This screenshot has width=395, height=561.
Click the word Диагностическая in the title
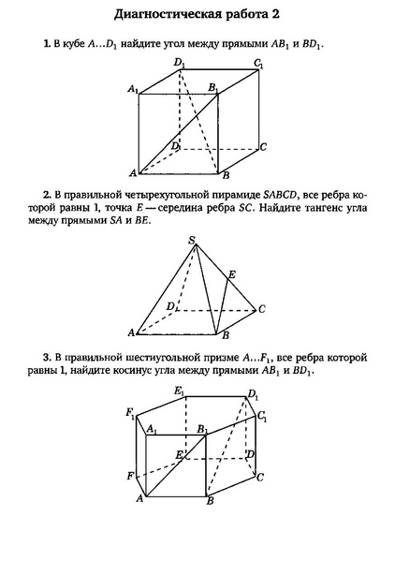(174, 15)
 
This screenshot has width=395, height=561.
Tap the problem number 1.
(44, 44)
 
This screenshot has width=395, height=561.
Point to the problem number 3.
(44, 358)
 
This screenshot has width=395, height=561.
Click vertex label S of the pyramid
(192, 241)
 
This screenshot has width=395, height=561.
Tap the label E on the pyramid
(232, 274)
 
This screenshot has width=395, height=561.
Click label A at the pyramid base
(131, 332)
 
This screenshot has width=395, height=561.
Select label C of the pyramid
(263, 309)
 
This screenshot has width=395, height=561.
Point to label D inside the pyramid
(169, 306)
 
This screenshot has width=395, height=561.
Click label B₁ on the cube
(213, 87)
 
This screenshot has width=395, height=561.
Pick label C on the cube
(264, 147)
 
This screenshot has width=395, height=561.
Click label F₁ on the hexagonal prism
(129, 412)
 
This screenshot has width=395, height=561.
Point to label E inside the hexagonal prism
(178, 454)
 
